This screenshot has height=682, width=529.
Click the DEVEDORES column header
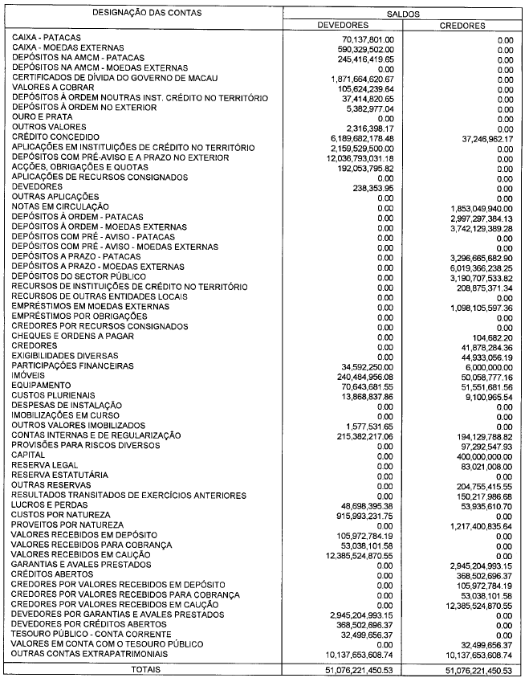point(344,26)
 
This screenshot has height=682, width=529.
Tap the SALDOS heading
point(404,14)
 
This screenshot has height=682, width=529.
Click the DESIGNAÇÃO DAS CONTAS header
point(146,14)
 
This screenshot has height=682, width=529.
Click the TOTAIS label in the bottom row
point(146,668)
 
